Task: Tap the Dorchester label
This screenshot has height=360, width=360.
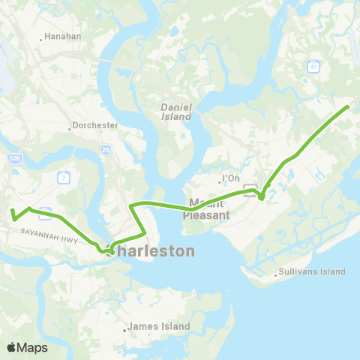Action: click(x=97, y=126)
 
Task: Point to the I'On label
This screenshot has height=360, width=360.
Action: click(x=231, y=179)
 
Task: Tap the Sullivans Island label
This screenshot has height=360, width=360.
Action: click(x=312, y=271)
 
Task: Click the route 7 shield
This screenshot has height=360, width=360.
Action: click(x=65, y=177)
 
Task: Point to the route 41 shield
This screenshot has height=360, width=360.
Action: click(x=313, y=67)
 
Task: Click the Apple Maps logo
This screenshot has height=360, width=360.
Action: click(x=27, y=347)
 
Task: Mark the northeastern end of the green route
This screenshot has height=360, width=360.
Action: click(x=348, y=107)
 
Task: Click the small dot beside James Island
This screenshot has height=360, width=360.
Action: click(x=124, y=329)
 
